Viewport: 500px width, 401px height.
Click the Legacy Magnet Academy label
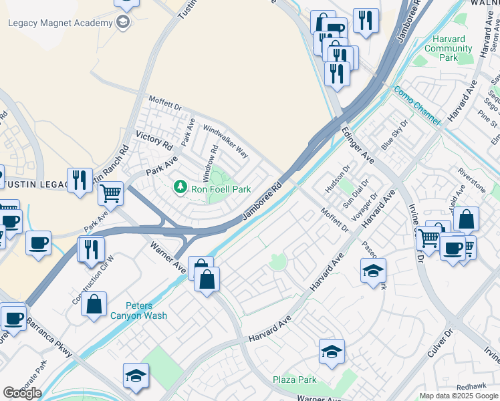pyautogui.click(x=60, y=23)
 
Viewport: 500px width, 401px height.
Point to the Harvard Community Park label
pyautogui.click(x=448, y=48)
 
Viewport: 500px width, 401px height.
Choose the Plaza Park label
pyautogui.click(x=294, y=380)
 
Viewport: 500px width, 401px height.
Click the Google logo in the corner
pyautogui.click(x=22, y=393)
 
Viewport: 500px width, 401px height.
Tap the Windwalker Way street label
pyautogui.click(x=225, y=142)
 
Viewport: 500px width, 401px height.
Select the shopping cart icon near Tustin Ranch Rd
pyautogui.click(x=110, y=193)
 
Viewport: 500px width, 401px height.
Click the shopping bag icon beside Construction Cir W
pyautogui.click(x=94, y=304)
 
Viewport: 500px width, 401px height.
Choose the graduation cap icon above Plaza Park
pyautogui.click(x=332, y=352)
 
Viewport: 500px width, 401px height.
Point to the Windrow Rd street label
pyautogui.click(x=211, y=163)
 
